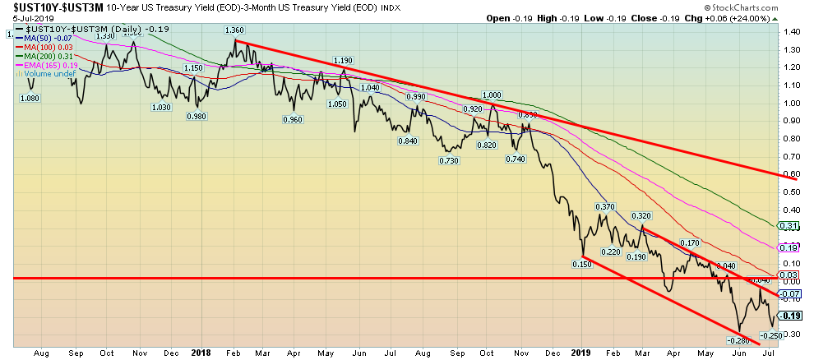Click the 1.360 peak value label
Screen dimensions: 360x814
(x=235, y=30)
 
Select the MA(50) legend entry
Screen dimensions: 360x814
(x=41, y=39)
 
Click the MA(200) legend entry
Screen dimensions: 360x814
(x=42, y=57)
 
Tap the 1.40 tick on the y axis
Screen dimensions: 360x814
(x=793, y=32)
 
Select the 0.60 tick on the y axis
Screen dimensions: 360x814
(x=793, y=173)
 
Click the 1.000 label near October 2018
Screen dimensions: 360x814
(x=492, y=95)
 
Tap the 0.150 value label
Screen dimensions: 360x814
(x=583, y=265)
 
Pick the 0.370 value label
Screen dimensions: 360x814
(x=604, y=206)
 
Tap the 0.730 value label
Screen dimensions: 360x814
(x=447, y=159)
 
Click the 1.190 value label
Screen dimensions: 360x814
(x=343, y=61)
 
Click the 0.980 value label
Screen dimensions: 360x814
(x=196, y=116)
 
